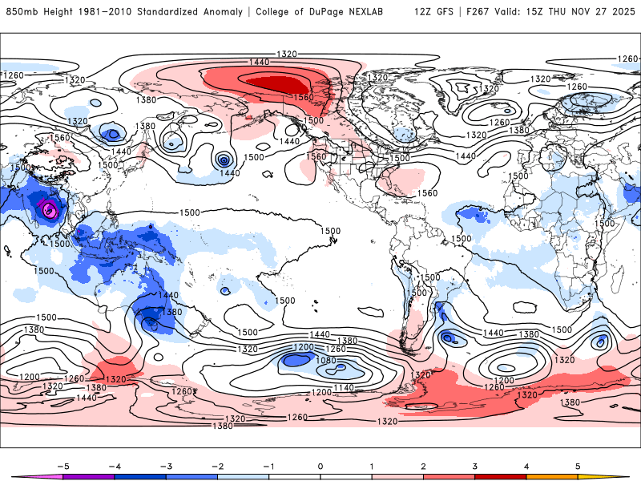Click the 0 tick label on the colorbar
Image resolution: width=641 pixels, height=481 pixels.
pyautogui.click(x=320, y=465)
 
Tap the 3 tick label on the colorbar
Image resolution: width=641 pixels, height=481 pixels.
pyautogui.click(x=474, y=465)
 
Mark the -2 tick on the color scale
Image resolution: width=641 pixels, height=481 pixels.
pyautogui.click(x=217, y=465)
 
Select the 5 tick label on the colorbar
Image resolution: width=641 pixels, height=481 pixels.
pyautogui.click(x=578, y=465)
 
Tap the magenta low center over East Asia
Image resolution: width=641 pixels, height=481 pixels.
pyautogui.click(x=50, y=210)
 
